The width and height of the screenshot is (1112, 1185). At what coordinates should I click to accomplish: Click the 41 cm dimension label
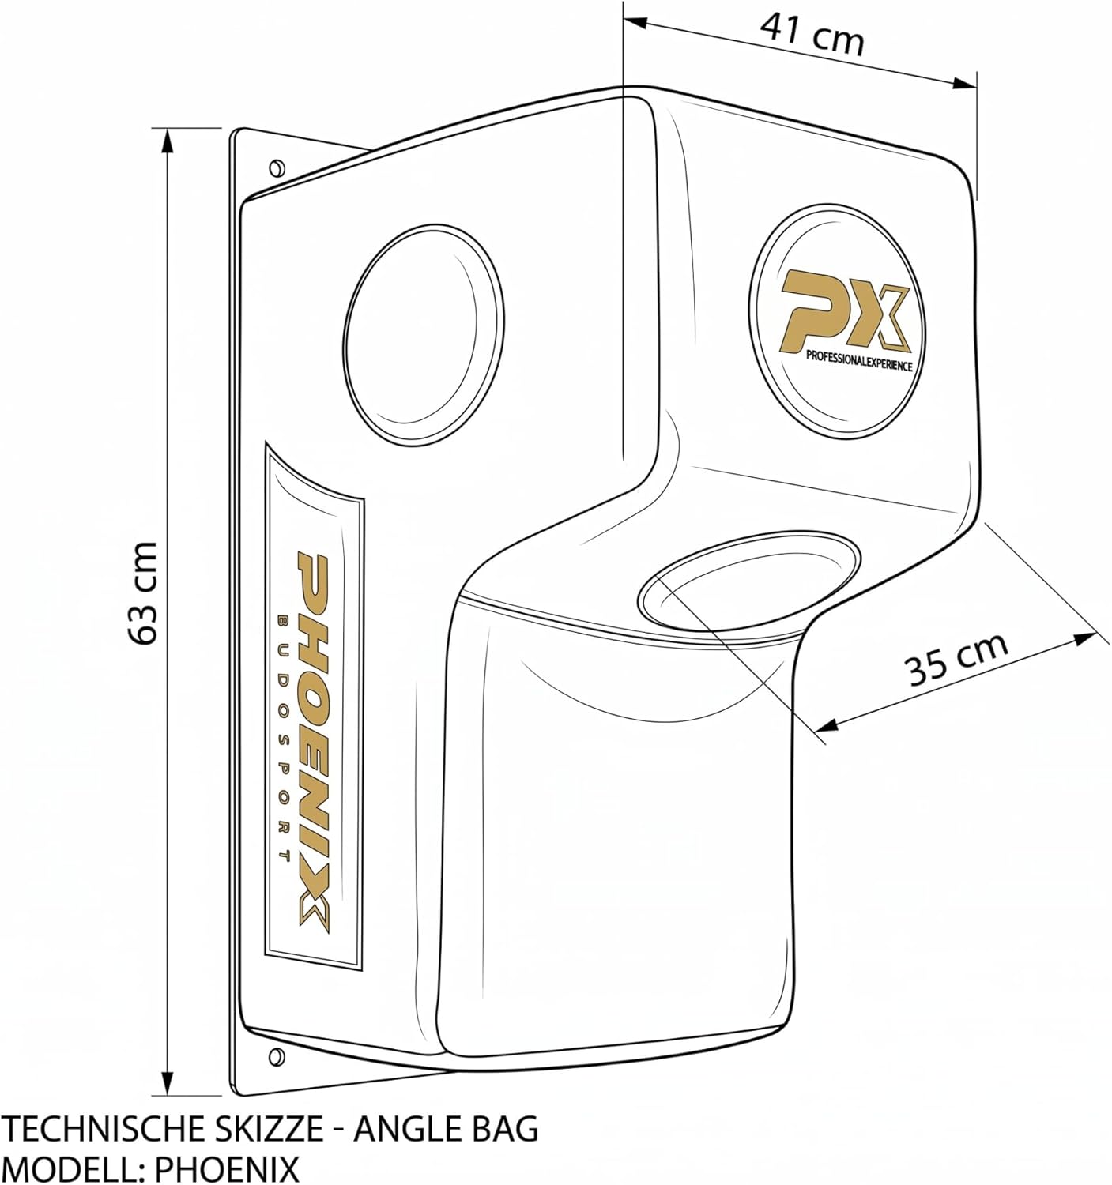coord(812,35)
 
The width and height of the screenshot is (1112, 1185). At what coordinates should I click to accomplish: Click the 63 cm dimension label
coord(143,592)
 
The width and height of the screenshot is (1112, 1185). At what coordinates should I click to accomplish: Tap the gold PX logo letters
coord(844,311)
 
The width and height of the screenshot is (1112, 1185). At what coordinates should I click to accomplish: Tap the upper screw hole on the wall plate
coord(277,167)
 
